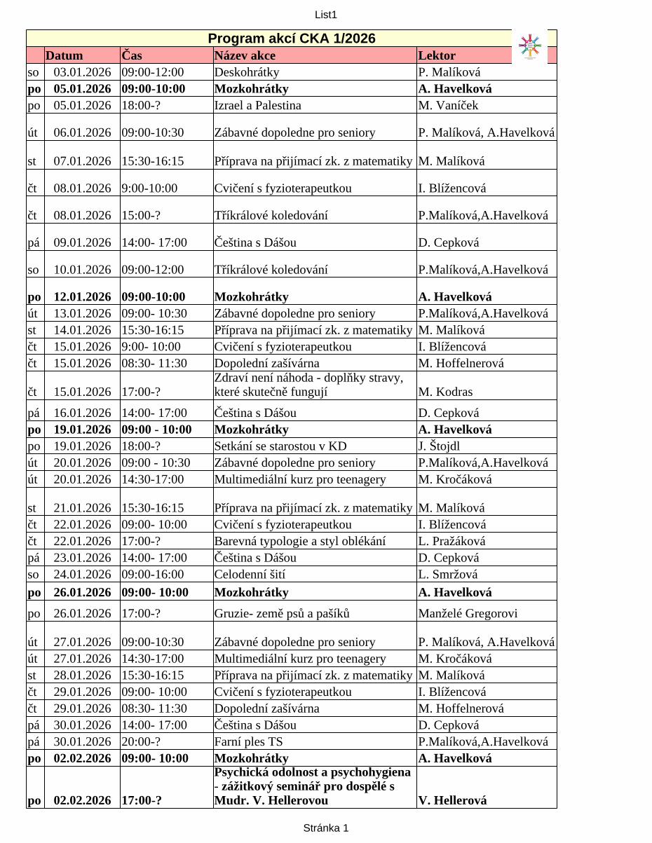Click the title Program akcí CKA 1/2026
coord(292,39)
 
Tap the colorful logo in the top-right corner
coord(531,46)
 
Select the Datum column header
coord(64,55)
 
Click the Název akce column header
coord(245,55)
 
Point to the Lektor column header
coord(437,55)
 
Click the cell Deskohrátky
coord(247,72)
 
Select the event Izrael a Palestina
coord(258,106)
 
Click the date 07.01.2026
coord(82,161)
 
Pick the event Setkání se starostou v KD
coord(280,446)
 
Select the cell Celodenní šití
coord(250,575)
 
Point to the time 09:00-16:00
coord(153,575)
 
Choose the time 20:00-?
coord(141,742)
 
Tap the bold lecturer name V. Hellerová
coord(452,800)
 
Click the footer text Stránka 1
coord(326,828)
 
